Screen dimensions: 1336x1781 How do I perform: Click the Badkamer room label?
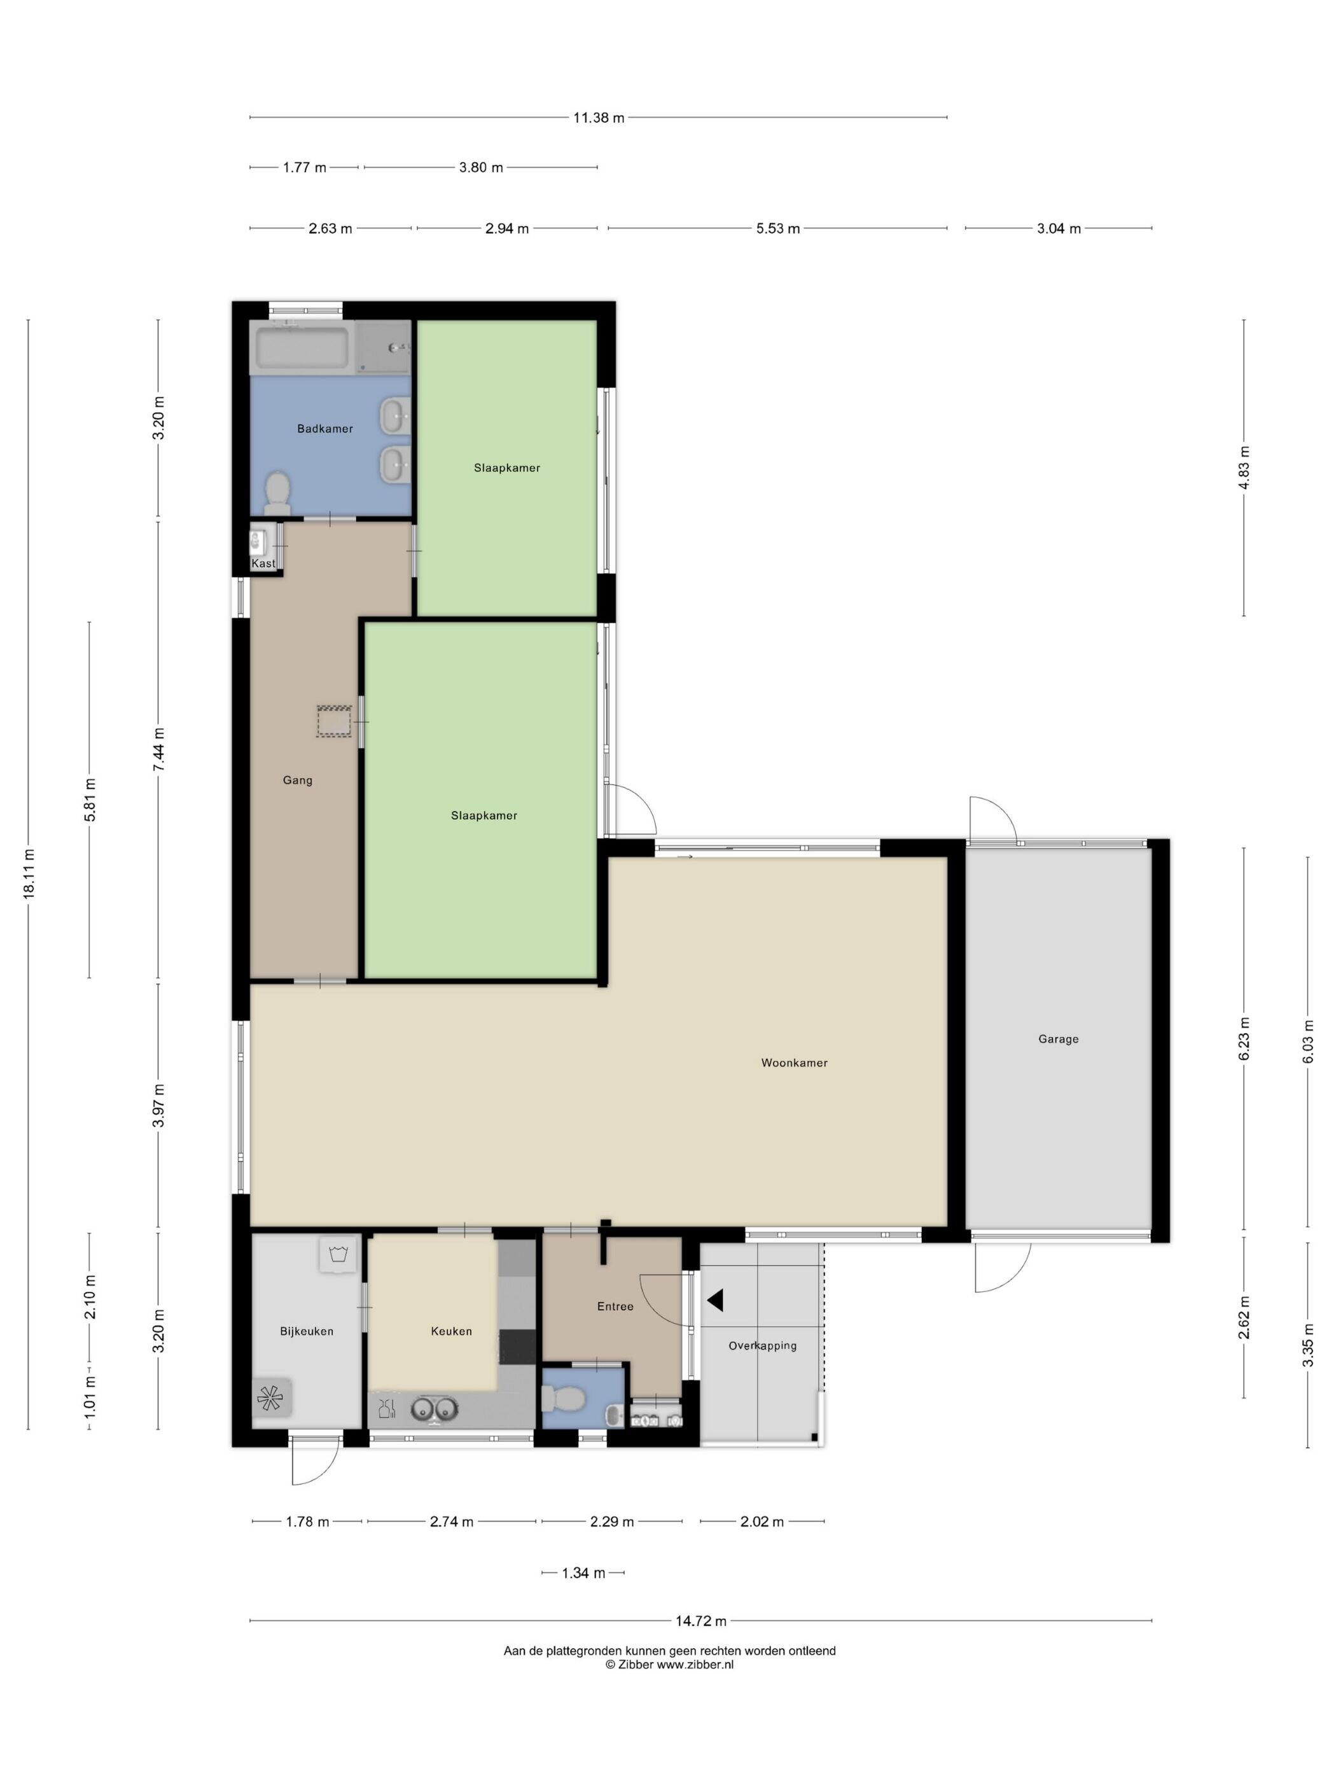point(324,428)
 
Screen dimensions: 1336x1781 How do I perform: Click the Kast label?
point(263,564)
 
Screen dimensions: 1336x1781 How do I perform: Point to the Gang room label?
point(297,779)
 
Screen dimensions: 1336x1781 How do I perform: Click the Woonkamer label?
point(794,1063)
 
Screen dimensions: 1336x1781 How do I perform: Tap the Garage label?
point(1057,1039)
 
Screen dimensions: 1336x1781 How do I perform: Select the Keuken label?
point(451,1331)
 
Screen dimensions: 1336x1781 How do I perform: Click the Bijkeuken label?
point(306,1331)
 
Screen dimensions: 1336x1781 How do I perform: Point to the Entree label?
point(615,1306)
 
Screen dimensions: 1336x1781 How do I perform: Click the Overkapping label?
point(762,1345)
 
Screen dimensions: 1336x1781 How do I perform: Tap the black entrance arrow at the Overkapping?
point(715,1299)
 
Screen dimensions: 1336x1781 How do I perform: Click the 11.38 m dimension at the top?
point(599,118)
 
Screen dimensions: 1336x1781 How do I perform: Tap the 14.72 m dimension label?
point(700,1621)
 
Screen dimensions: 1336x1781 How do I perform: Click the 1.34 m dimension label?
point(583,1572)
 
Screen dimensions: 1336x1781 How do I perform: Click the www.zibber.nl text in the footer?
point(695,1664)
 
